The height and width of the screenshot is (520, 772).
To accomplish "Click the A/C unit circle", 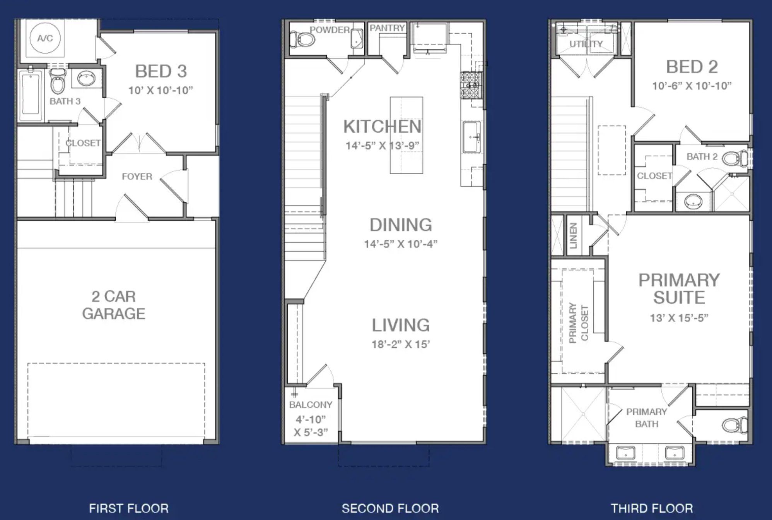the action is (x=45, y=38).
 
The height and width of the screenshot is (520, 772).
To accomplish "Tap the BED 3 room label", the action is (x=161, y=71).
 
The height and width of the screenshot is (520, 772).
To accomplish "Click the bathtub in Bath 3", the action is (x=31, y=94).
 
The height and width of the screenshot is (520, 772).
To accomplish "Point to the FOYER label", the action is (x=137, y=177).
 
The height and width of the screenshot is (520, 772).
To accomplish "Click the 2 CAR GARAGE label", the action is (x=114, y=305).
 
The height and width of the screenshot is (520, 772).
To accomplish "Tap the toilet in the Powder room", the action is (x=302, y=39).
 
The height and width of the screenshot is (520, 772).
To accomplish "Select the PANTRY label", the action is (x=387, y=28).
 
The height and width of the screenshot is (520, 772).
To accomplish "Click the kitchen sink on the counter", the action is (x=472, y=137).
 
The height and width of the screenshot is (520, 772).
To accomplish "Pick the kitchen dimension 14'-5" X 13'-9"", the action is (x=383, y=146).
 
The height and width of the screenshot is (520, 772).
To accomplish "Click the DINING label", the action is (x=401, y=225).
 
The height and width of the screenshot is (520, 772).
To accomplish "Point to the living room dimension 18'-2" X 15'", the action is (x=401, y=344).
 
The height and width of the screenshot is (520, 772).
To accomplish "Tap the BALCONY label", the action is (x=311, y=405).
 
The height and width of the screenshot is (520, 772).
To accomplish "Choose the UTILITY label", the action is (x=586, y=44).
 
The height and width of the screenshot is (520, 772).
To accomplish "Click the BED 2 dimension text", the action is (x=692, y=86).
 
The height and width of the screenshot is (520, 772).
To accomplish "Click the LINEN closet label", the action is (x=573, y=235).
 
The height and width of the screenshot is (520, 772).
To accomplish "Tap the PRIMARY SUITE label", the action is (x=679, y=289).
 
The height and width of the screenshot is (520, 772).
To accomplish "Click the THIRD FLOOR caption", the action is (x=652, y=508).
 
